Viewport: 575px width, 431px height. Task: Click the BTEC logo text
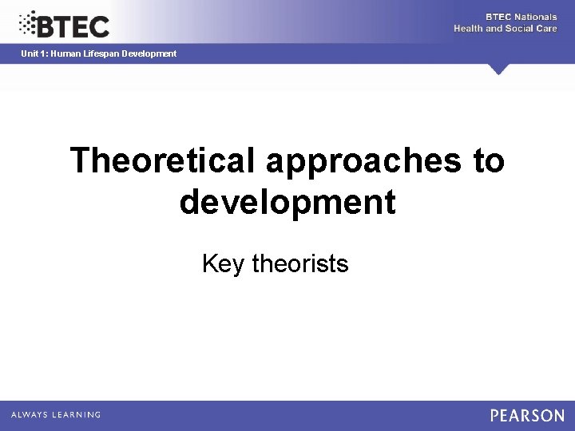(x=73, y=26)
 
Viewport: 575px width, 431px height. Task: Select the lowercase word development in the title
(x=287, y=202)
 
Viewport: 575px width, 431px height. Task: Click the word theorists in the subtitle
(x=300, y=263)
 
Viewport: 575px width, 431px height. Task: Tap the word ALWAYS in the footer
(x=30, y=415)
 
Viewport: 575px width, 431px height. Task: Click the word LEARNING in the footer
(x=77, y=415)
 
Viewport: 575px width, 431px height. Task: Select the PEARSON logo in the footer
(x=527, y=415)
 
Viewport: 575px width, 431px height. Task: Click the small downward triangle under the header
(x=499, y=69)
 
